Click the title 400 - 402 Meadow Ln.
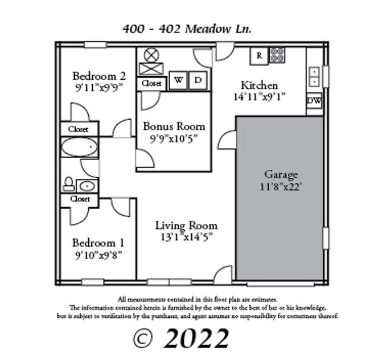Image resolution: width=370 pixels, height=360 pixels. click(x=186, y=28)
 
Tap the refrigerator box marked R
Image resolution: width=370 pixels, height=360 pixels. click(x=259, y=56)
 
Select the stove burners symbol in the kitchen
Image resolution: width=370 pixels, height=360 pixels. click(x=277, y=55)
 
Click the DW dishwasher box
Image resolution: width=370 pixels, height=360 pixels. click(x=314, y=101)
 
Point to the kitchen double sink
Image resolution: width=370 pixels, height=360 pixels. click(x=314, y=76)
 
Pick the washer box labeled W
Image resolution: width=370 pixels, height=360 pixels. click(x=178, y=81)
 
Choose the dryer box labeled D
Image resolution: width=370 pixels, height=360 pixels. click(x=198, y=81)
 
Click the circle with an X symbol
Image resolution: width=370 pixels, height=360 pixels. click(x=151, y=55)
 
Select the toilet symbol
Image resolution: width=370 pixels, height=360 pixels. click(x=68, y=185)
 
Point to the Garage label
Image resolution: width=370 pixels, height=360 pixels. click(x=281, y=174)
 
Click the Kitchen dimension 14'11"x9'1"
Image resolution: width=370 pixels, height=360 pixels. click(x=259, y=97)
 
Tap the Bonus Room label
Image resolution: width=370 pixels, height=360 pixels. click(x=174, y=126)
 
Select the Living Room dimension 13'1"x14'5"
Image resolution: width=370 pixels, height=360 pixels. click(x=186, y=237)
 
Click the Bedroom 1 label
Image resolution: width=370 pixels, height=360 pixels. click(x=98, y=243)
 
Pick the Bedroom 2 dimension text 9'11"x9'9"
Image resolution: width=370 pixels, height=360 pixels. click(x=98, y=88)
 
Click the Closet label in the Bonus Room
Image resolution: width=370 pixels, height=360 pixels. click(x=151, y=84)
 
